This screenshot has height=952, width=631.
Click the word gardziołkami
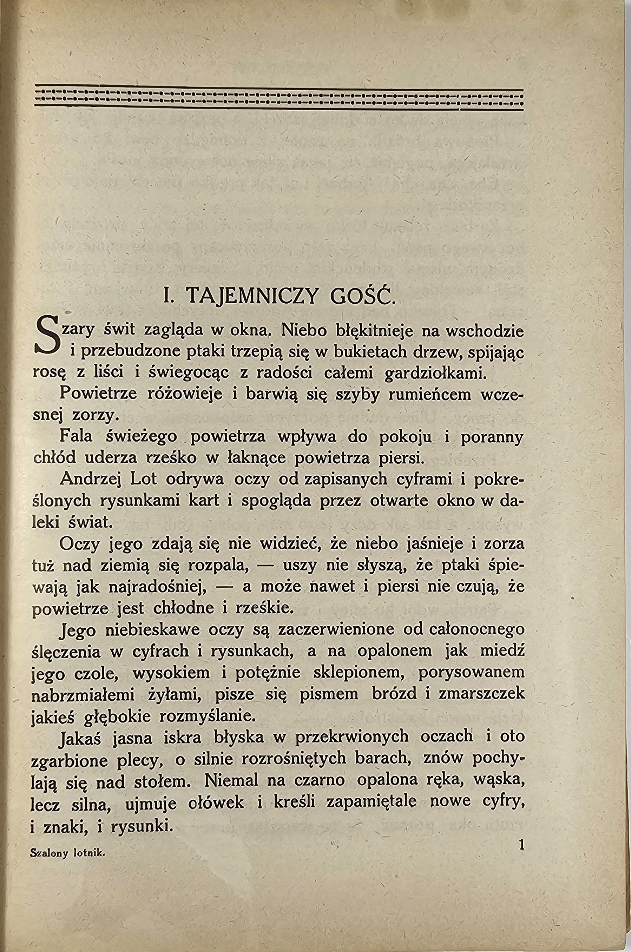(435, 373)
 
